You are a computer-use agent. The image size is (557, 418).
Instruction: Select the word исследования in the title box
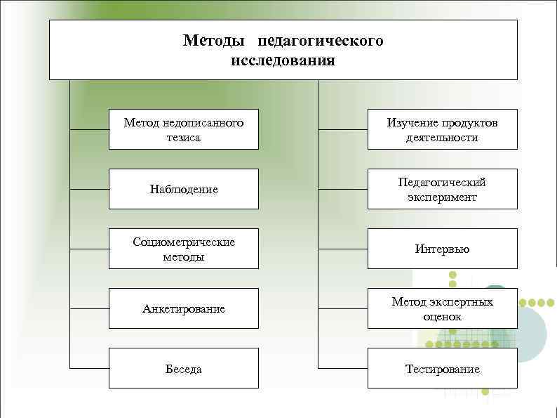283,60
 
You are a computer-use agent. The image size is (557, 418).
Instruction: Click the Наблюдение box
183,189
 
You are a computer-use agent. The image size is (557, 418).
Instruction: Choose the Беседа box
183,369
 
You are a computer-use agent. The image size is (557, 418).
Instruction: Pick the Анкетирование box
183,308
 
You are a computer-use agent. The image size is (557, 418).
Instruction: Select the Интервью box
442,249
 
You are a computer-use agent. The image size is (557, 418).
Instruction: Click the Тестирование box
442,369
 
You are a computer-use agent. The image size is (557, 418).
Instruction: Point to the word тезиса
184,138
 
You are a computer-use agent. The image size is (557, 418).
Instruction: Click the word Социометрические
184,242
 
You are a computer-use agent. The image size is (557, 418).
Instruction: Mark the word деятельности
442,138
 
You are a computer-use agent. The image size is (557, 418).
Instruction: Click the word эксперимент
442,197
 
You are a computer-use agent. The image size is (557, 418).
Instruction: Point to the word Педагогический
442,182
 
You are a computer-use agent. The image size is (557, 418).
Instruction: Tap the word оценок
442,317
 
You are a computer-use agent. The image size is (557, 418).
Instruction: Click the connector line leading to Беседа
89,368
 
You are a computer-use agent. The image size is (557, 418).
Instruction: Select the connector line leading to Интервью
343,249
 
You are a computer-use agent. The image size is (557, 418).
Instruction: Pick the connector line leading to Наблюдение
89,189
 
